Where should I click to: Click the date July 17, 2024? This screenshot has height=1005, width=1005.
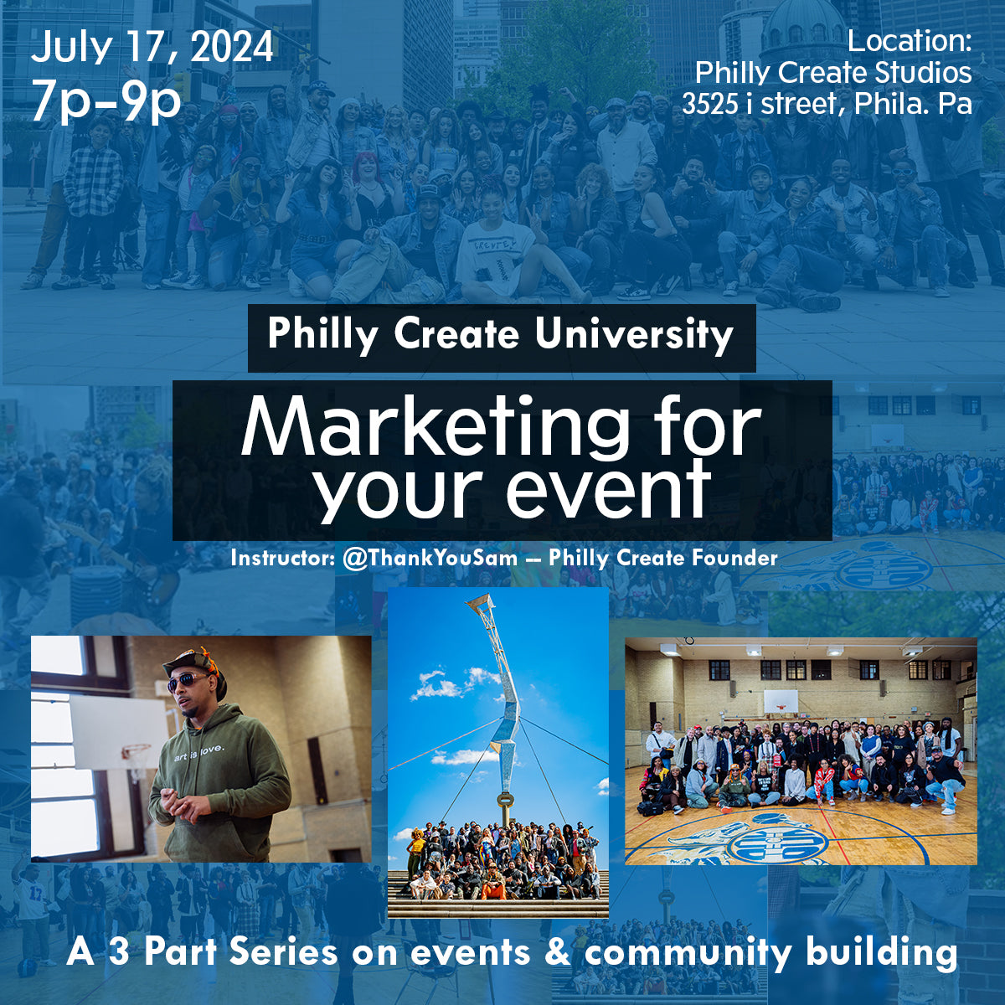[x=152, y=49]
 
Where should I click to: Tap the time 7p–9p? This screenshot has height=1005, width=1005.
[x=106, y=100]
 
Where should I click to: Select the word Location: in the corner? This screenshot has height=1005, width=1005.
[x=910, y=41]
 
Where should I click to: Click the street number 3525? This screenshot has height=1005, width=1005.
[x=710, y=105]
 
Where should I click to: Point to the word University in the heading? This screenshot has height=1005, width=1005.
[x=634, y=335]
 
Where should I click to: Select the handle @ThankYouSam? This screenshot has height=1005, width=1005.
[x=430, y=558]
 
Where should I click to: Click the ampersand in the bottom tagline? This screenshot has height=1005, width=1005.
[x=557, y=953]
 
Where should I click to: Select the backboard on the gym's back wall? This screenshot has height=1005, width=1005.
[x=780, y=700]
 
